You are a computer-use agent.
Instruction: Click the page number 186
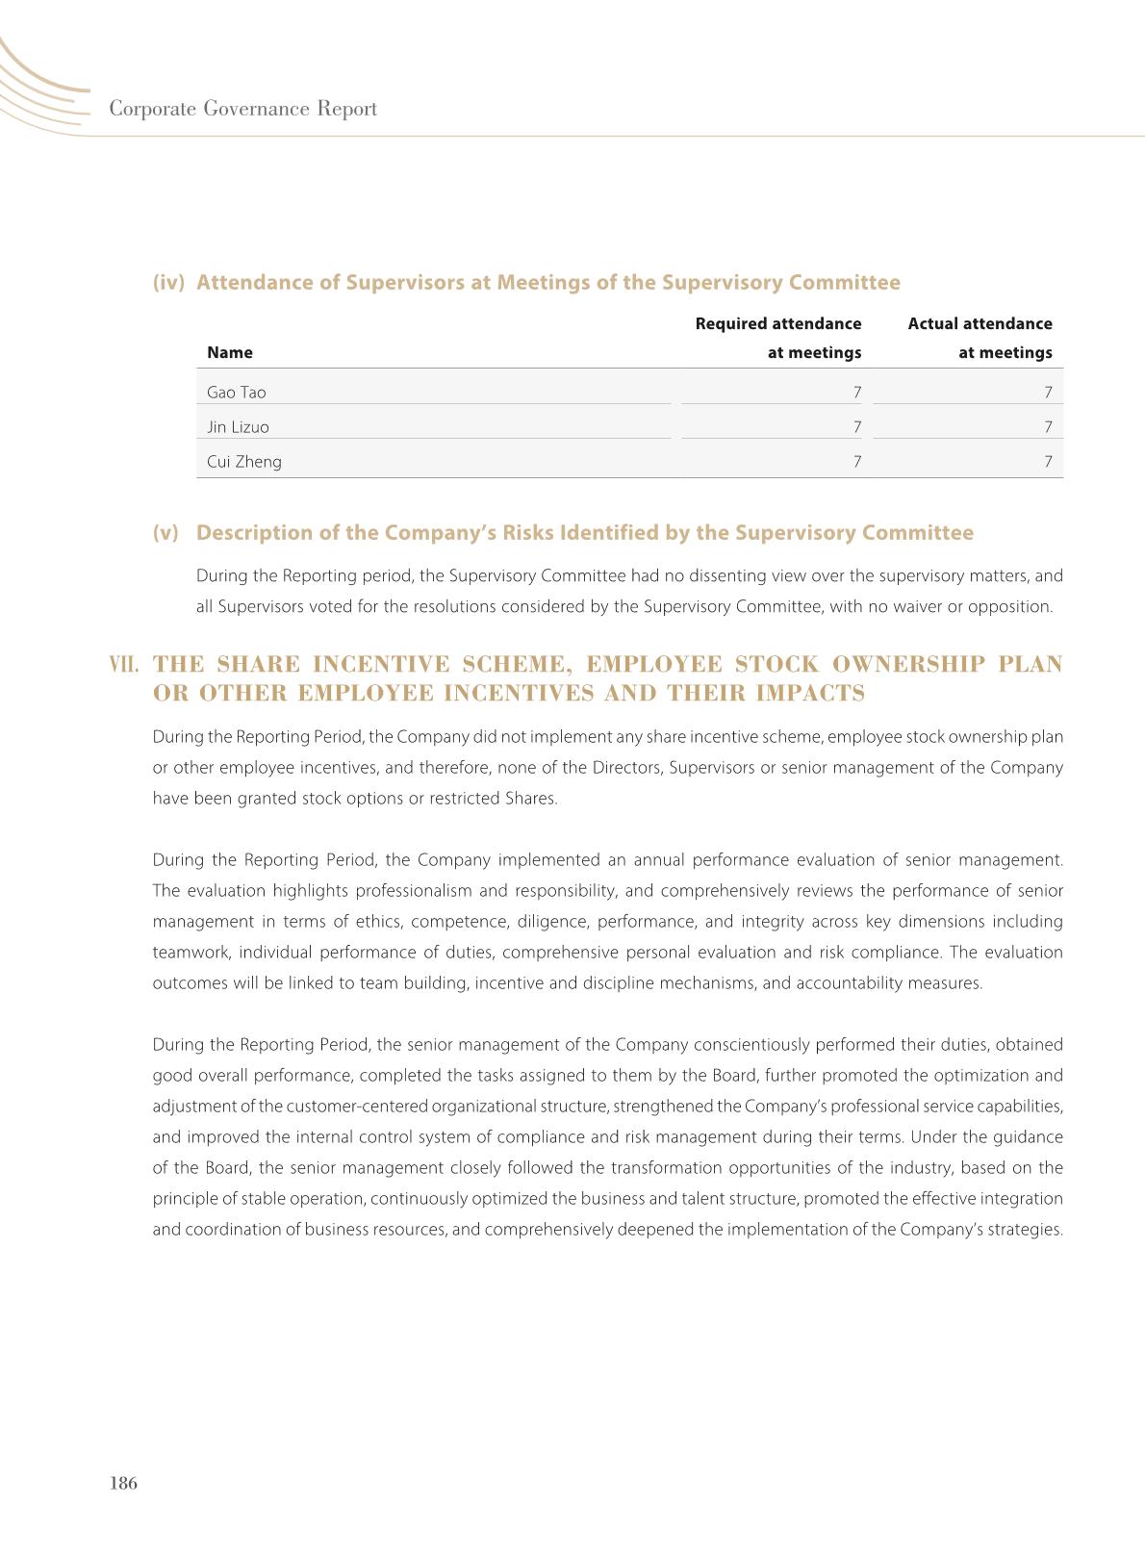[x=124, y=1483]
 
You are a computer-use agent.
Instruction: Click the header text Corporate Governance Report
[x=242, y=109]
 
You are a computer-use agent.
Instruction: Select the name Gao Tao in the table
[x=237, y=393]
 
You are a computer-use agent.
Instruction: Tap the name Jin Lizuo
[x=238, y=427]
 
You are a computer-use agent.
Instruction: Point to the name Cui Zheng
[x=244, y=462]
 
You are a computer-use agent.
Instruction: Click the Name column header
[x=230, y=352]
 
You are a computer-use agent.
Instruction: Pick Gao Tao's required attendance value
[x=856, y=393]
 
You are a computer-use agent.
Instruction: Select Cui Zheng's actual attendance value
[x=1048, y=462]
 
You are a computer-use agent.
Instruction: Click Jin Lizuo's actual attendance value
[x=1048, y=427]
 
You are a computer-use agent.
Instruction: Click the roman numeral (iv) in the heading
[x=168, y=283]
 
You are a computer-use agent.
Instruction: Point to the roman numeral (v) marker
[x=165, y=533]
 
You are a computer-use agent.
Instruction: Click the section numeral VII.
[x=125, y=665]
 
